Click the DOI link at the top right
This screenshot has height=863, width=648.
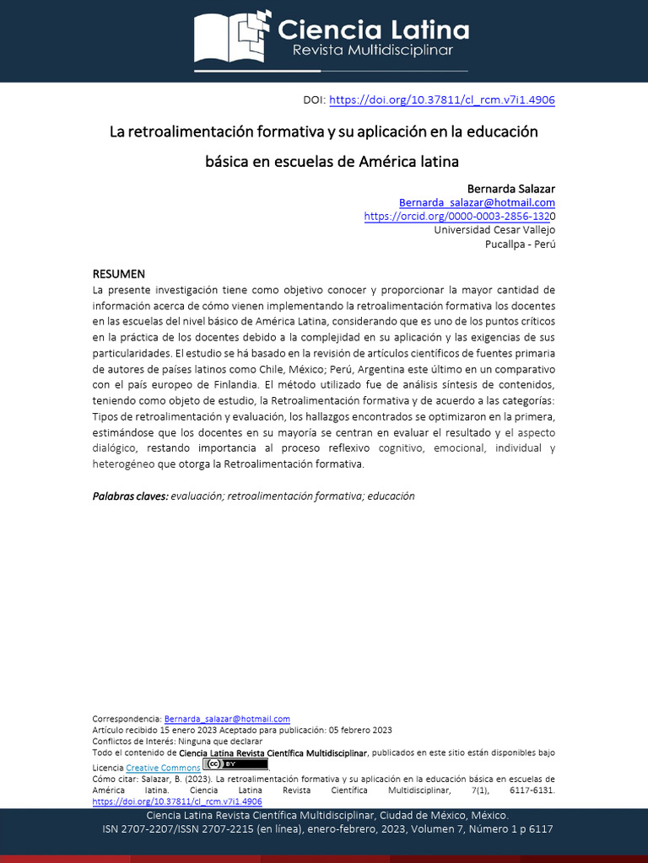441,100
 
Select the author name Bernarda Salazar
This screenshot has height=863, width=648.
511,188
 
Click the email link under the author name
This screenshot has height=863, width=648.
477,202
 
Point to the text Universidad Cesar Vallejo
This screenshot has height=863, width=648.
494,230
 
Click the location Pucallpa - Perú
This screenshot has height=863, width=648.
520,244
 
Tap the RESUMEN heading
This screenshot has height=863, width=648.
118,274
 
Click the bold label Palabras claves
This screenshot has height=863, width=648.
130,496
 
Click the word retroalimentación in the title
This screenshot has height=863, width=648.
192,132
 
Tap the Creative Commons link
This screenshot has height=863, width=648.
163,768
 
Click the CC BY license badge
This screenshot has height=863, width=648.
235,764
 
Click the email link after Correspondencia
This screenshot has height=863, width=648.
227,719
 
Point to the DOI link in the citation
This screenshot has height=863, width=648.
176,802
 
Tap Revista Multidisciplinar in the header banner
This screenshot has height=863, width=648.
372,51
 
